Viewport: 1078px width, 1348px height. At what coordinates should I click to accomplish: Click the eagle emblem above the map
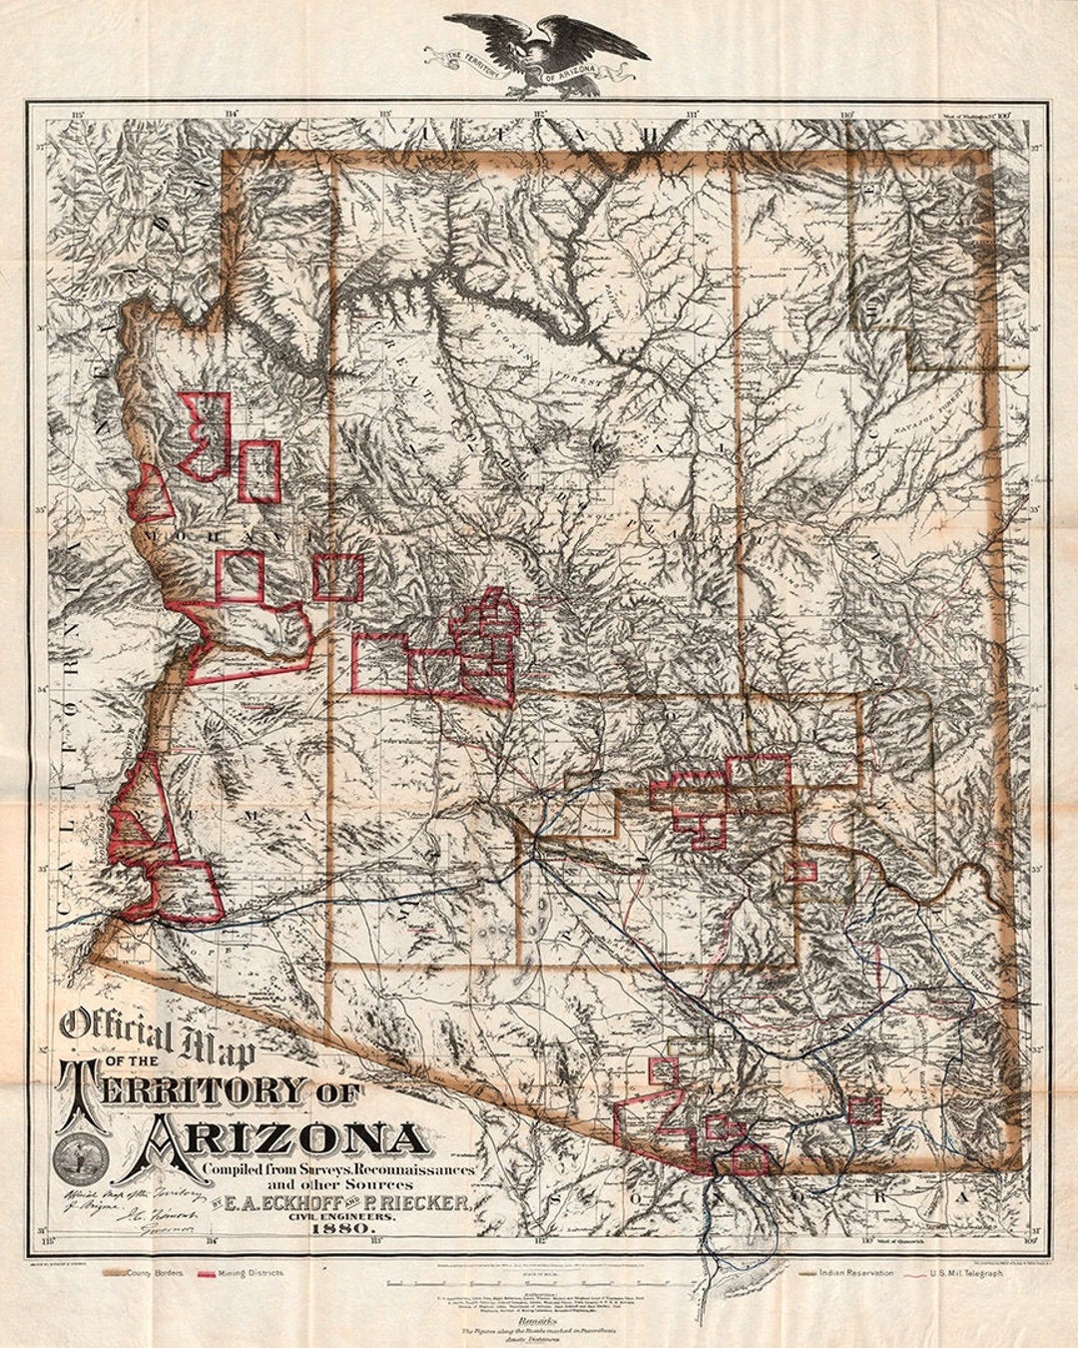click(x=546, y=50)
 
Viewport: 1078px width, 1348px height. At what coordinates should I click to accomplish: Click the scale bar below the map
click(x=539, y=1281)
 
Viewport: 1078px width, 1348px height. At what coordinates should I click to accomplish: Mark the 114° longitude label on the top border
click(x=231, y=113)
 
